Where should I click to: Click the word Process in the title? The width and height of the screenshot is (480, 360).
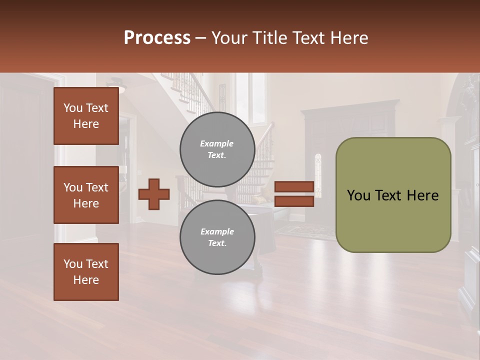tap(157, 38)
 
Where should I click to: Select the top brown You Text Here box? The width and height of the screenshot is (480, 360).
tap(86, 116)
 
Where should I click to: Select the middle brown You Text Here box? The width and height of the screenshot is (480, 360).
tap(86, 195)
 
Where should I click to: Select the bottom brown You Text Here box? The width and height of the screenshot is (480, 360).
tap(86, 272)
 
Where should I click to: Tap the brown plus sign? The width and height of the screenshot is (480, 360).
tap(154, 194)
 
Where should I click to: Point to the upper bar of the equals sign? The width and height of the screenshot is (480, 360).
tap(294, 187)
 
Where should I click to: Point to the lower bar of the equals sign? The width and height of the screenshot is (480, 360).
tap(294, 201)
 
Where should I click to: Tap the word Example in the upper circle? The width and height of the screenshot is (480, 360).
tap(217, 143)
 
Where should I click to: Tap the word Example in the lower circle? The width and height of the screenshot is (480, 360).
tap(217, 231)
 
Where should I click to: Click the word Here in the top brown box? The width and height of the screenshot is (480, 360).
tap(86, 124)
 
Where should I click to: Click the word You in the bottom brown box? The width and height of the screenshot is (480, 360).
tap(73, 264)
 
